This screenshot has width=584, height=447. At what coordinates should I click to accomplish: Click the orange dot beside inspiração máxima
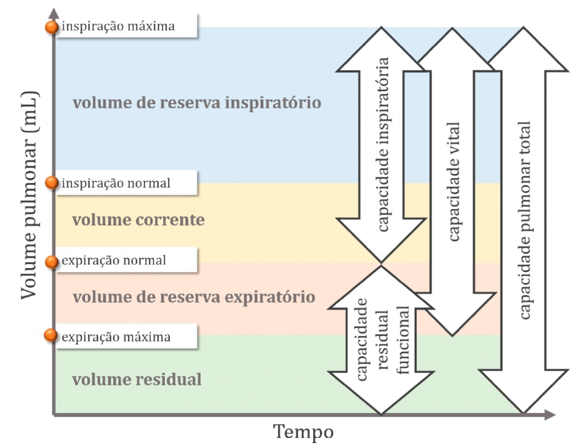(x=52, y=27)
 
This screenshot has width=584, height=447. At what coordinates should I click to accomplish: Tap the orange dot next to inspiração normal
(x=52, y=182)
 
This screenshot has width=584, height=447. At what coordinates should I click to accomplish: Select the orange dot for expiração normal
(x=52, y=261)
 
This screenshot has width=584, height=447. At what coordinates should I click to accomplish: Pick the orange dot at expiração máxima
(x=52, y=336)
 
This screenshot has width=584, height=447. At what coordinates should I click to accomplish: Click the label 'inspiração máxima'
(x=118, y=26)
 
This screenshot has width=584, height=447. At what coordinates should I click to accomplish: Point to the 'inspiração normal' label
(x=116, y=183)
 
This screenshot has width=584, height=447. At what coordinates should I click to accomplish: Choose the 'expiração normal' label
(x=114, y=261)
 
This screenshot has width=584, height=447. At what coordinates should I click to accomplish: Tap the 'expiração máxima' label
(x=116, y=337)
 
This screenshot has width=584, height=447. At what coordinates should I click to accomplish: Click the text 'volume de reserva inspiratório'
(x=197, y=103)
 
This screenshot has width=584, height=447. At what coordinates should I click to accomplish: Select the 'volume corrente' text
(x=139, y=220)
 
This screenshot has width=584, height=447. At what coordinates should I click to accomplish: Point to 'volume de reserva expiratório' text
(x=194, y=297)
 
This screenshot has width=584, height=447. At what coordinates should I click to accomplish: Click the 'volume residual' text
(x=137, y=379)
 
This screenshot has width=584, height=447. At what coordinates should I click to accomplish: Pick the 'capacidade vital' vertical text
(x=454, y=182)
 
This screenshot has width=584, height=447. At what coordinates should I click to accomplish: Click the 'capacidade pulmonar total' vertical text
(x=525, y=220)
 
